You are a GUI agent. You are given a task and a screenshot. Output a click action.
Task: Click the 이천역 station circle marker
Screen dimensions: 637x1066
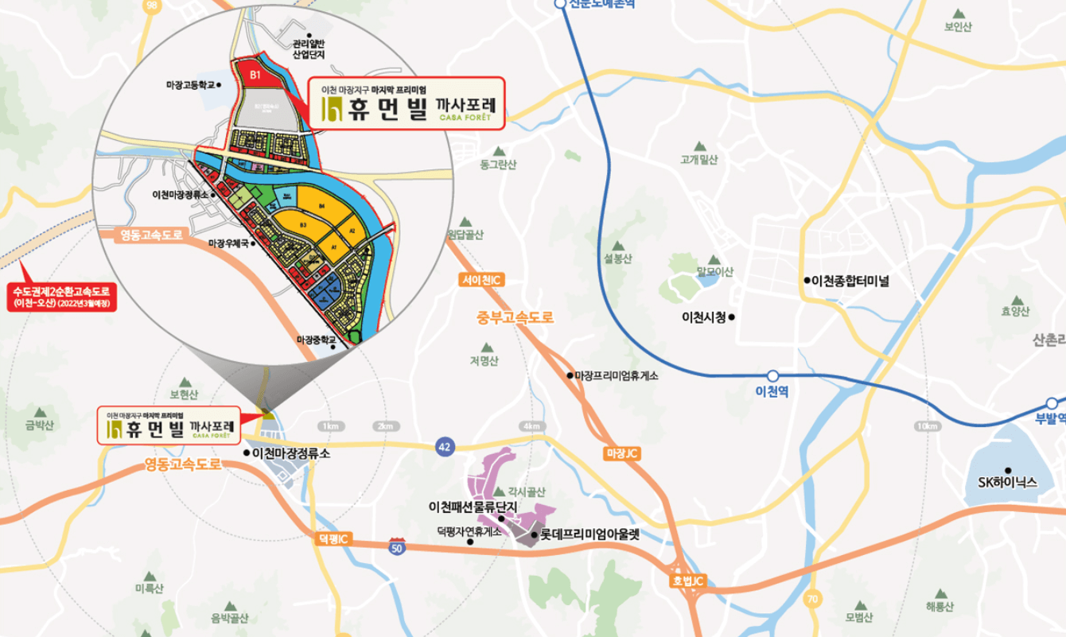point(772,375)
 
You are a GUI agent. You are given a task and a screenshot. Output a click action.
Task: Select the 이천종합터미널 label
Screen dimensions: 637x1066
point(850,281)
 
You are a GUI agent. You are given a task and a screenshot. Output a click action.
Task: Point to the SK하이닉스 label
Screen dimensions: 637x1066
point(1008,482)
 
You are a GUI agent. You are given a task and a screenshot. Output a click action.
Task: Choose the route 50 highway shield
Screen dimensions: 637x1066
point(396,546)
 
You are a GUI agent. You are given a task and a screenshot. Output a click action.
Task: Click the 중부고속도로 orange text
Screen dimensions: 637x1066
point(515,317)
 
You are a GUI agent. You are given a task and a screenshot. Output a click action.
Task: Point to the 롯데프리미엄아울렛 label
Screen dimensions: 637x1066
point(589,536)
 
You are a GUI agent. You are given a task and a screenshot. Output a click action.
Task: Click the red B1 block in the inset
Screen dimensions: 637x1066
point(255,74)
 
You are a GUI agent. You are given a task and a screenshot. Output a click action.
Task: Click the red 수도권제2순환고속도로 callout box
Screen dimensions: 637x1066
point(61,297)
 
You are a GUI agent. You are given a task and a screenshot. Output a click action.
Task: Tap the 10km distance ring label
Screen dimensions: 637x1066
point(924,427)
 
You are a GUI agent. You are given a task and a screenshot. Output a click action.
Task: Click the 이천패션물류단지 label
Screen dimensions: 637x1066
point(473,507)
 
